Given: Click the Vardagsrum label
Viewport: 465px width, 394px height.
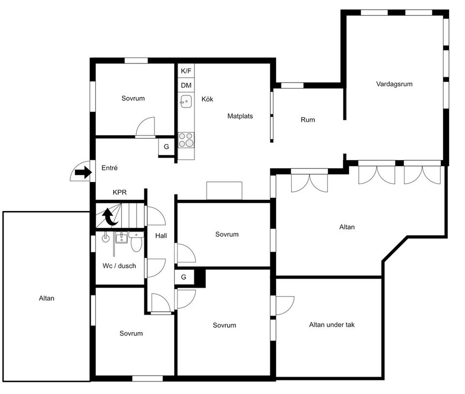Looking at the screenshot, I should click(394, 84).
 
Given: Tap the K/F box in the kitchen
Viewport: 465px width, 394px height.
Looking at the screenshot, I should click(186, 71).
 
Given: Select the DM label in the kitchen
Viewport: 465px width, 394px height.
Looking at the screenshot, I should click(186, 86).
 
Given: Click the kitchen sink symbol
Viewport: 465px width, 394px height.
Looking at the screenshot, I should click(185, 101).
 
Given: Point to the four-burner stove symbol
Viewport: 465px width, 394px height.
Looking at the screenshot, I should click(186, 140).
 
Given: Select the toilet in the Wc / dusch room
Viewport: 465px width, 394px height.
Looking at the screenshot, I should click(136, 242).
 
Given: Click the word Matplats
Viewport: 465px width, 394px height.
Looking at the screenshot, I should click(240, 116).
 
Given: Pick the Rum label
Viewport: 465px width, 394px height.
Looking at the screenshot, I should click(308, 120).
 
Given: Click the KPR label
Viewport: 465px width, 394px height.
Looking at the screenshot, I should click(120, 192).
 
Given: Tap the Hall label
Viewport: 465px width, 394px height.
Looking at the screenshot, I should click(161, 236).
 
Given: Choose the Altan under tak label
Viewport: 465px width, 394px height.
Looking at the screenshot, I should click(332, 325).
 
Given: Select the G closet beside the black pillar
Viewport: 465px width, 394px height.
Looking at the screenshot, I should click(184, 277).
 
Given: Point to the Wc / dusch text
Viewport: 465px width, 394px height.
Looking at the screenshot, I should click(119, 266).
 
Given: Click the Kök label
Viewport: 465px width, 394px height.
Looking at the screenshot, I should click(207, 99).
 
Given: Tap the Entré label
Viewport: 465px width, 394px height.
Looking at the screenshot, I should click(109, 168).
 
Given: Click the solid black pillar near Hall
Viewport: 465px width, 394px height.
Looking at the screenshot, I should click(200, 277).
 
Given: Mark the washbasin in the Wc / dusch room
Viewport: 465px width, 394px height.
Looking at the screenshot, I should click(121, 238).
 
